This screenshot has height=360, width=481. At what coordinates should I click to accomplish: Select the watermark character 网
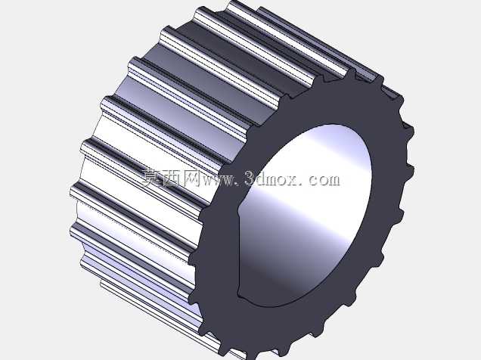[191, 178]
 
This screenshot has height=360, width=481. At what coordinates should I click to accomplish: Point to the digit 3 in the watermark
[250, 178]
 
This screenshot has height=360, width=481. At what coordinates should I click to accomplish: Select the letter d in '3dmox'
[262, 178]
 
